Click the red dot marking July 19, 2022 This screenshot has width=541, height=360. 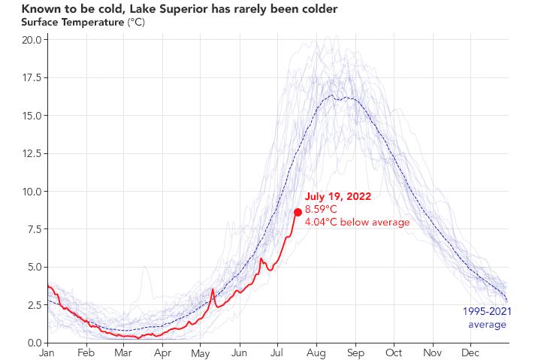pyautogui.click(x=298, y=212)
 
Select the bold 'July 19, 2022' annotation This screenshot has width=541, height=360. pyautogui.click(x=337, y=196)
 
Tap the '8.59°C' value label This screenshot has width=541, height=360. pyautogui.click(x=321, y=209)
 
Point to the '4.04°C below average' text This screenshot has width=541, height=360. pyautogui.click(x=357, y=222)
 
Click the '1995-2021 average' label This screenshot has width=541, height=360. pyautogui.click(x=487, y=318)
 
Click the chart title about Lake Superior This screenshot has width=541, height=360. pyautogui.click(x=169, y=8)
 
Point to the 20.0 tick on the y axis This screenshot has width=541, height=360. pyautogui.click(x=32, y=39)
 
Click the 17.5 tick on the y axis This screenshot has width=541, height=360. pyautogui.click(x=32, y=77)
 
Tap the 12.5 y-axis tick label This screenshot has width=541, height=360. pyautogui.click(x=32, y=153)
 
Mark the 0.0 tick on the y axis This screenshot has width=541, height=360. pyautogui.click(x=34, y=343)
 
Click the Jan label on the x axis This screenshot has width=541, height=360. pyautogui.click(x=47, y=352)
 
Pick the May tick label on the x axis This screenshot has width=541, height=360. pyautogui.click(x=200, y=352)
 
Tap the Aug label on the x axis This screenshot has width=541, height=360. pyautogui.click(x=316, y=352)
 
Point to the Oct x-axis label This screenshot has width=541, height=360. pyautogui.click(x=393, y=352)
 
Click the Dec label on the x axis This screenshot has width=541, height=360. pyautogui.click(x=470, y=352)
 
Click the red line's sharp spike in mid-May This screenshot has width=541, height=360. pyautogui.click(x=213, y=289)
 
